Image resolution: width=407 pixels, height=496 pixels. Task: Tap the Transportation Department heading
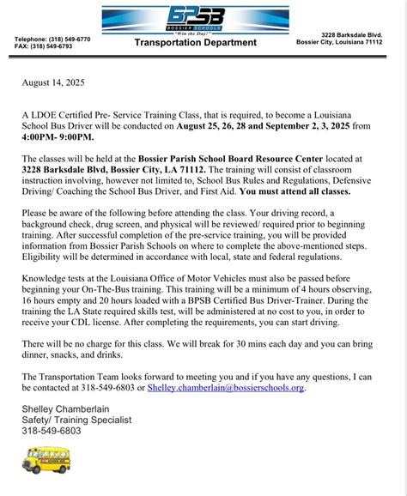pos(196,42)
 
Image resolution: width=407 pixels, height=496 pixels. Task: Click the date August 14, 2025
pos(53,84)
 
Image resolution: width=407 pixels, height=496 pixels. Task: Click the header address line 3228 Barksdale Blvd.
pos(352,35)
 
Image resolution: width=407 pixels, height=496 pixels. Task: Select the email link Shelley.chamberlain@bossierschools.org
pos(226,388)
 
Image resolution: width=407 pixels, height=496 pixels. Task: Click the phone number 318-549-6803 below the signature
pos(52,430)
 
